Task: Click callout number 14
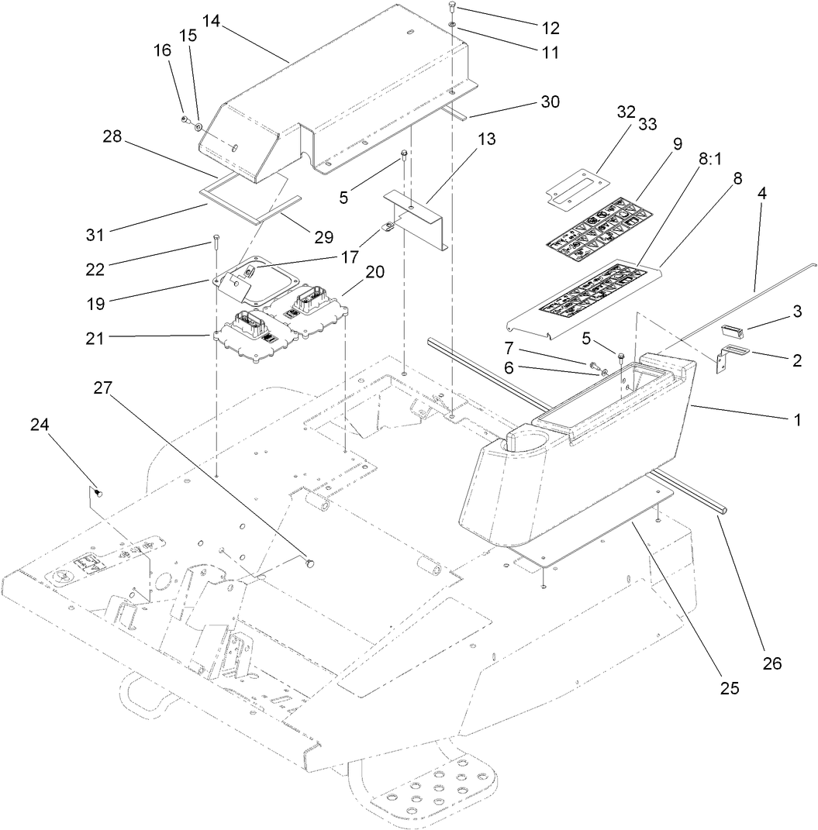[212, 22]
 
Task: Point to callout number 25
[729, 687]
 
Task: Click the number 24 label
[40, 424]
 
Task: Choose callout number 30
[550, 102]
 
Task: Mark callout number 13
[486, 140]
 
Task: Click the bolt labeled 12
[452, 9]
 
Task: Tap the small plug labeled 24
[98, 491]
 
